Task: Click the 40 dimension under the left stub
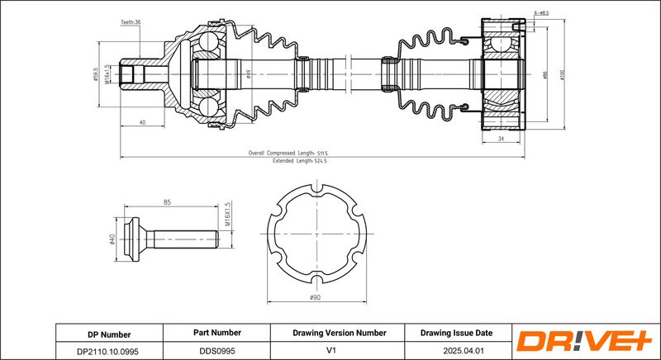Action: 143,122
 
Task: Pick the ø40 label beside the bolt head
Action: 112,240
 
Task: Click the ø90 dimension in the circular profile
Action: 315,297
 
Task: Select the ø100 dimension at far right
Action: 561,74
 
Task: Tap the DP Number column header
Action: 109,334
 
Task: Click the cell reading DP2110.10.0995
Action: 109,350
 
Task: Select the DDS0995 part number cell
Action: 217,350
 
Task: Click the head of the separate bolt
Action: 135,241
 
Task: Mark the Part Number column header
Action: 217,334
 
